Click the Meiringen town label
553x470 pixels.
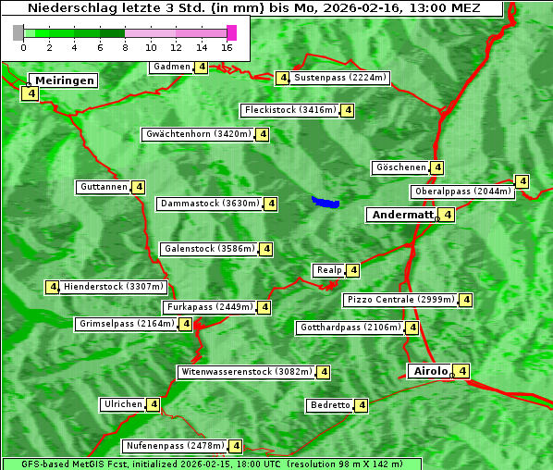[x=63, y=80]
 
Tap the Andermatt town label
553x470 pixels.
[x=401, y=215]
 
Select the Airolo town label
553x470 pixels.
[x=431, y=371]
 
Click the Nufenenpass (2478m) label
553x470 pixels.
[x=175, y=446]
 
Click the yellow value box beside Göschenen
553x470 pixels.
[x=437, y=167]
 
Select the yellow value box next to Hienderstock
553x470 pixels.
[x=52, y=287]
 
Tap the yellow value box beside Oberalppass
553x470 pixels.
[x=522, y=181]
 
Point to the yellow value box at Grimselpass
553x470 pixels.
[x=185, y=324]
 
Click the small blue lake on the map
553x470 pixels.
[x=326, y=202]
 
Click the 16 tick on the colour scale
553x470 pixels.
[x=227, y=46]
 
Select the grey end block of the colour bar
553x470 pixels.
[x=18, y=32]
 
